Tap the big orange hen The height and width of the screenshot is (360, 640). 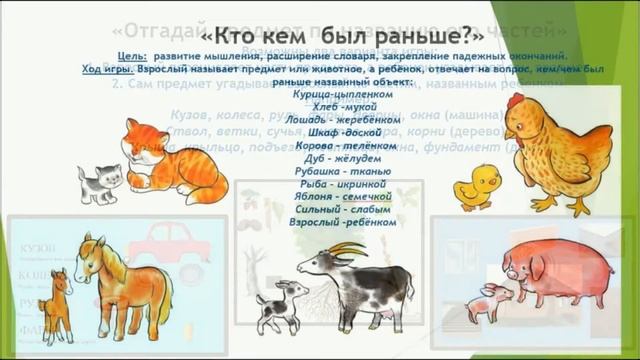[545, 150]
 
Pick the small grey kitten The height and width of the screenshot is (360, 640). [99, 183]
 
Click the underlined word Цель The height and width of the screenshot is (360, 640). [132, 58]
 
